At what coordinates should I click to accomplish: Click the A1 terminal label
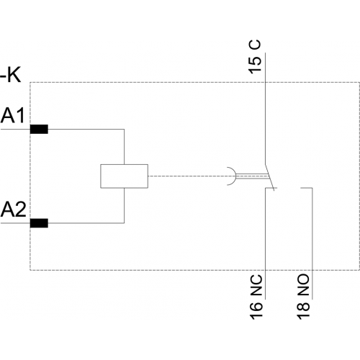[12, 115]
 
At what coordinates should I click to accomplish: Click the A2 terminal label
[13, 210]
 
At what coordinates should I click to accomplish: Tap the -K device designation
[11, 75]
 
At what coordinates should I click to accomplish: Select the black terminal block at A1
[39, 129]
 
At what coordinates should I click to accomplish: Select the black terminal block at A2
[39, 223]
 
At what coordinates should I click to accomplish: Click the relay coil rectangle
[124, 176]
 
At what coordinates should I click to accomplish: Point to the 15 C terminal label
[255, 57]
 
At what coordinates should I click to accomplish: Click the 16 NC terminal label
[256, 297]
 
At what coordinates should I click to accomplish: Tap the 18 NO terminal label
[303, 297]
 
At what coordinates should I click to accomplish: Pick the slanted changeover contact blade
[269, 178]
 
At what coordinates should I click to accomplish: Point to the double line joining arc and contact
[252, 176]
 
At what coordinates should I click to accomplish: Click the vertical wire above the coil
[124, 147]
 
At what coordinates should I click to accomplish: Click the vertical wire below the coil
[124, 205]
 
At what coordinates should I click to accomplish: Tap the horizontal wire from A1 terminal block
[86, 129]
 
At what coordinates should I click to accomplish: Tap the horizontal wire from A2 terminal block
[86, 223]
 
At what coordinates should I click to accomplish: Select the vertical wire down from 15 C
[265, 109]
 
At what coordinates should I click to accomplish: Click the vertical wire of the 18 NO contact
[312, 243]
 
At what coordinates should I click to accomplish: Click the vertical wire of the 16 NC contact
[265, 243]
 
